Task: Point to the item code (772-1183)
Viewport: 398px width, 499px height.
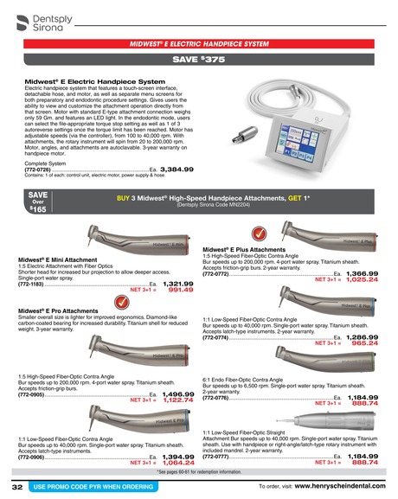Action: [31, 284]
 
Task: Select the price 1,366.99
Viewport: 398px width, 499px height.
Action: [361, 273]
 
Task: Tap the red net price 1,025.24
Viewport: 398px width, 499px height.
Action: [361, 280]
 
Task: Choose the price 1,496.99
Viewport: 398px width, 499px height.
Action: [176, 393]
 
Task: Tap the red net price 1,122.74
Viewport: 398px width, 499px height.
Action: [176, 400]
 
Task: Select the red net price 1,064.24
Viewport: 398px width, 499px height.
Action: [176, 463]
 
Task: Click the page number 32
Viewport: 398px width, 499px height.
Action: [16, 489]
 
